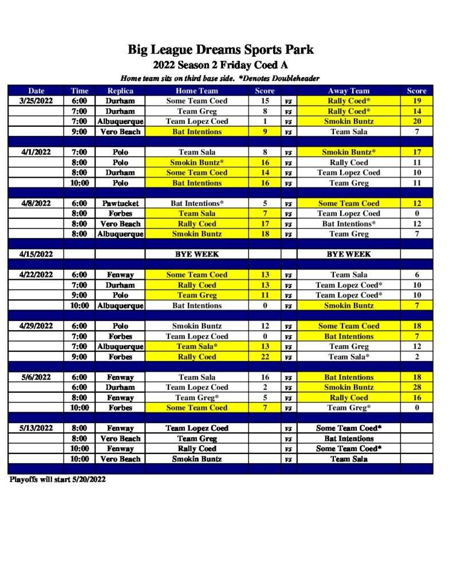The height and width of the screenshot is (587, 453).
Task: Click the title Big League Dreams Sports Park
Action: [220, 50]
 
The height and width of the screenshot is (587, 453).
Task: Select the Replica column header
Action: [120, 91]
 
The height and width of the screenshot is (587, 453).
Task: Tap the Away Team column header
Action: [348, 91]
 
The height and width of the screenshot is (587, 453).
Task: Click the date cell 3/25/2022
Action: [36, 101]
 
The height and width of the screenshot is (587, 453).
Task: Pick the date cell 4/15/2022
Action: [36, 254]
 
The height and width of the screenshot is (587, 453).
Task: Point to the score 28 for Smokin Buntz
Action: [416, 388]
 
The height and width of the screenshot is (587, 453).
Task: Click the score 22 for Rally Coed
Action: [264, 357]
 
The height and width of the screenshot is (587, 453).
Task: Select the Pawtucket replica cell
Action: [120, 203]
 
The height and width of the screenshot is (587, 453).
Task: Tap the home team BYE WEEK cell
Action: [196, 254]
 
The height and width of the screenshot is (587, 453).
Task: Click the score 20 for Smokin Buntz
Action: [416, 122]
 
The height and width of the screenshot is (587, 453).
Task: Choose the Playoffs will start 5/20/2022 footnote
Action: [57, 479]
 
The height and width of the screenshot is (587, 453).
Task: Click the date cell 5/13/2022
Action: [36, 428]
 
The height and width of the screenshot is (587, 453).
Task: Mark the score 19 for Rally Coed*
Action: [416, 101]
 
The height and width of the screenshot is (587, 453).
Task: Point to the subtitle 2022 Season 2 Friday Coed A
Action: [220, 65]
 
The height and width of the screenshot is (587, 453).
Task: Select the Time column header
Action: [80, 91]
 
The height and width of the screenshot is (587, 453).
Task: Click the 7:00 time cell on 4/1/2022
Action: [80, 152]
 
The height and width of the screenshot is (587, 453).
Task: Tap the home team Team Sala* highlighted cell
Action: [196, 346]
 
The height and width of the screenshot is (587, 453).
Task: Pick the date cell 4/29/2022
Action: [36, 326]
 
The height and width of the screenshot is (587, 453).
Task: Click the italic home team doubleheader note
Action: [220, 78]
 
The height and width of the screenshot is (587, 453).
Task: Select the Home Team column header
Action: [196, 91]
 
